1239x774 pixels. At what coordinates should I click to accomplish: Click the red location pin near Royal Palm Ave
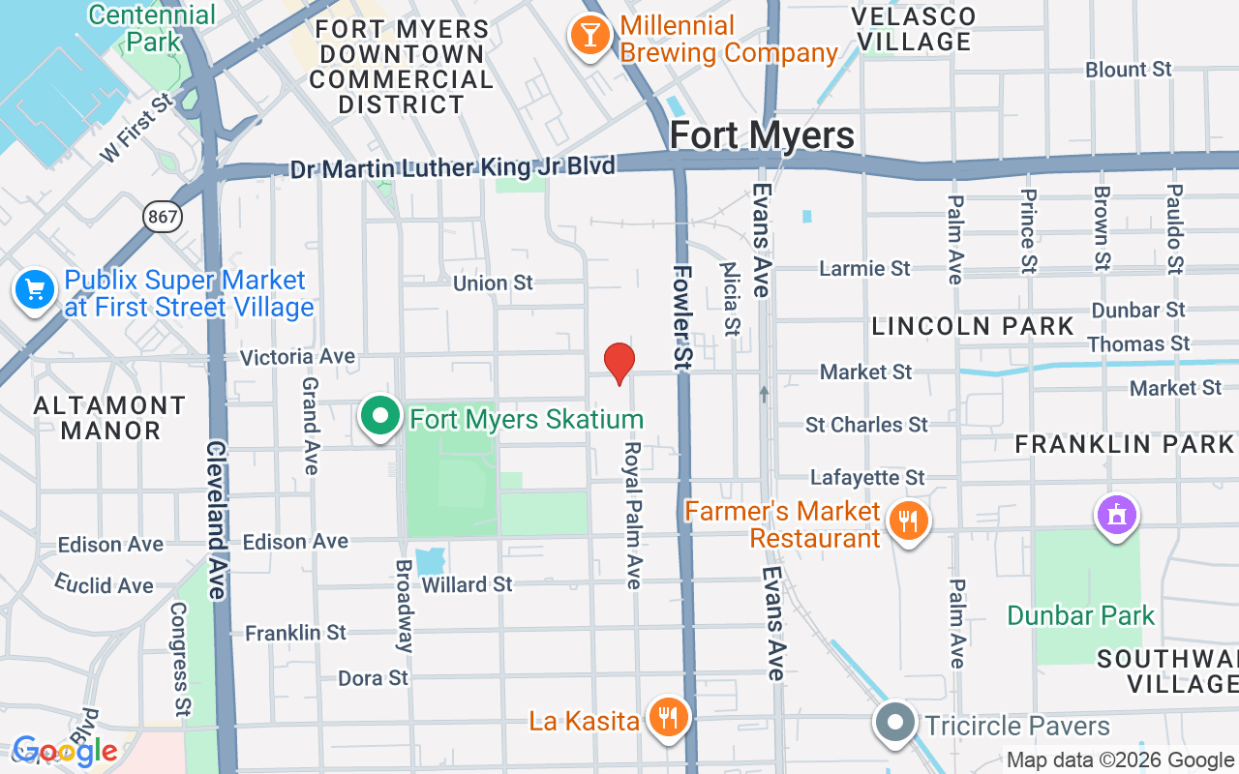(x=619, y=363)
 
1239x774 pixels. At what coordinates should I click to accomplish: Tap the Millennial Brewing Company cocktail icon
(x=589, y=37)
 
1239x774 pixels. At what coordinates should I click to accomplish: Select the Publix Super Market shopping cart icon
(x=35, y=290)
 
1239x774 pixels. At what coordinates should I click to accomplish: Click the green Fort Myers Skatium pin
(x=380, y=416)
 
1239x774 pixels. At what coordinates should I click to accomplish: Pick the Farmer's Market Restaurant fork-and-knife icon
(x=907, y=522)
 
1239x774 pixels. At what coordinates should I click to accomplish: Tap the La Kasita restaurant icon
(x=667, y=718)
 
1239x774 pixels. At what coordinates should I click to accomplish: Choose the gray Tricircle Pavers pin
(x=895, y=723)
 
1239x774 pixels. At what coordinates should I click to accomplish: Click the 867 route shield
(x=163, y=217)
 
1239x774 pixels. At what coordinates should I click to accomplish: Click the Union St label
(x=494, y=283)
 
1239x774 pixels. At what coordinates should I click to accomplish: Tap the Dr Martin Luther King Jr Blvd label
(x=453, y=168)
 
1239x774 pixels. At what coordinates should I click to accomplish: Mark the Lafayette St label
(x=867, y=478)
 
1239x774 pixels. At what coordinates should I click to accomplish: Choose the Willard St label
(x=468, y=584)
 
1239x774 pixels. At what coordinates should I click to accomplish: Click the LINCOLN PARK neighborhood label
(x=972, y=326)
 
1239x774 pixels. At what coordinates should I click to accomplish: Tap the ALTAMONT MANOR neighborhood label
(x=109, y=417)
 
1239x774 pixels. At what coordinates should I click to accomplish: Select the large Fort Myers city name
(x=762, y=135)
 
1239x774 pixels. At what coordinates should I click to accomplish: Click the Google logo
(x=65, y=751)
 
